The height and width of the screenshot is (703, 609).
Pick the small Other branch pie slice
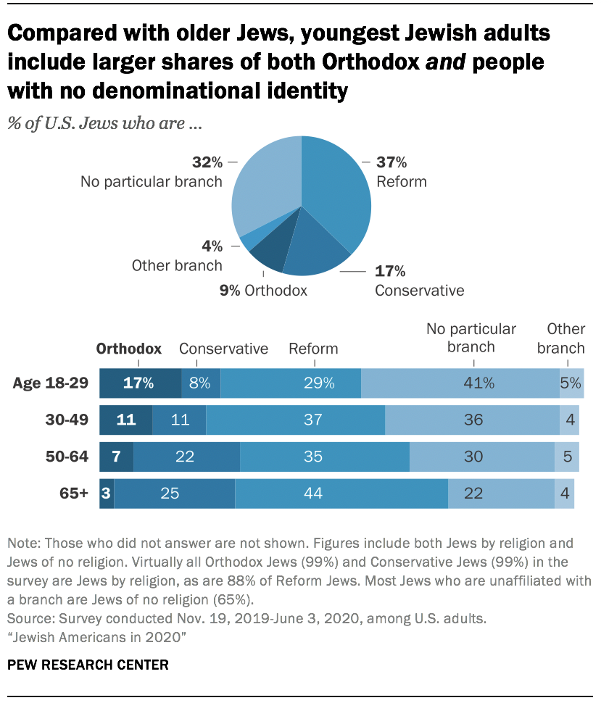coord(248,240)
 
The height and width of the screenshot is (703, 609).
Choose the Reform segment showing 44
coord(341,494)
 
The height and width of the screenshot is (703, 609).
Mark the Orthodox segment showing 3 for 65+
coord(107,494)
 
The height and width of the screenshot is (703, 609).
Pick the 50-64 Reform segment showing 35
coord(324,457)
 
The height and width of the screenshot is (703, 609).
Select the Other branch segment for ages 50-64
coord(566,457)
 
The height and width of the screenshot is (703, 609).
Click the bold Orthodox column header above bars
coord(129,349)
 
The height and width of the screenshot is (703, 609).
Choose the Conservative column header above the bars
coord(223,349)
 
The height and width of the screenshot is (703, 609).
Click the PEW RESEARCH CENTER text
coord(88,664)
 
